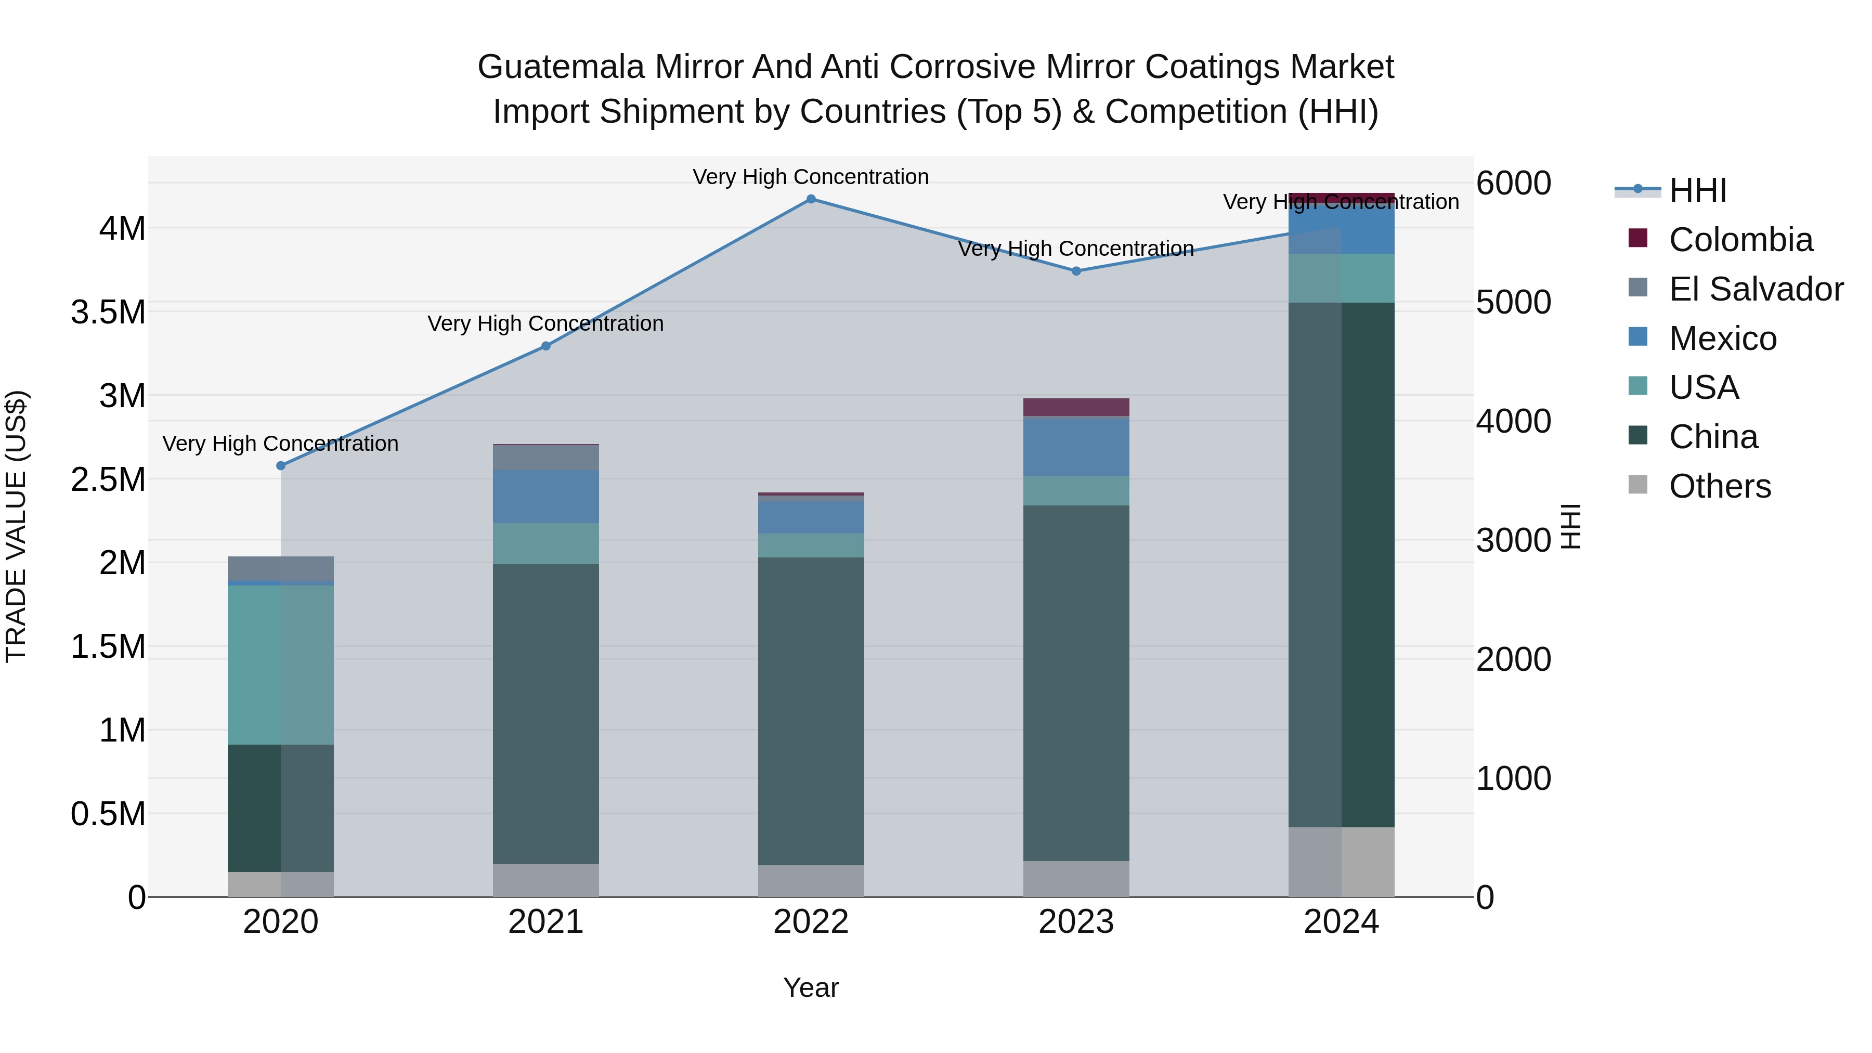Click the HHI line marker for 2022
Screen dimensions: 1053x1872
click(811, 199)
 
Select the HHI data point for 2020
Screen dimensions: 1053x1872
click(281, 466)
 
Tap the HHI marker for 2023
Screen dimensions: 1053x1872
click(1076, 271)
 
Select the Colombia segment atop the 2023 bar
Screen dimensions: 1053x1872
click(1076, 407)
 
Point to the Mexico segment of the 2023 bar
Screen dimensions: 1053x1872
click(1076, 447)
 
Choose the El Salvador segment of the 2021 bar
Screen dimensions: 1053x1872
click(546, 457)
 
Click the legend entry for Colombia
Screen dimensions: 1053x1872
click(1740, 240)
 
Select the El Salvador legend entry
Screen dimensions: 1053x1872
click(1755, 289)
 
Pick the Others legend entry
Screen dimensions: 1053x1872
click(1720, 486)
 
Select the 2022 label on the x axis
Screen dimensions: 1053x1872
click(811, 922)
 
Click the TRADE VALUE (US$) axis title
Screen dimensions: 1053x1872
click(17, 526)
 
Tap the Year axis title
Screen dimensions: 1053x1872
click(811, 987)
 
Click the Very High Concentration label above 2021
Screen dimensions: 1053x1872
click(546, 323)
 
